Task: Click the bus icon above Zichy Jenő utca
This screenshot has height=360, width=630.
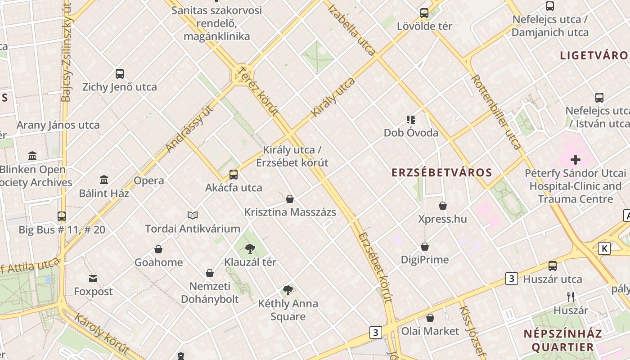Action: tap(119, 74)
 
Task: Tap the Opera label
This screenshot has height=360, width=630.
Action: tap(149, 181)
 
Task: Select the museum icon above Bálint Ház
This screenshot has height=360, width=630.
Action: tap(104, 180)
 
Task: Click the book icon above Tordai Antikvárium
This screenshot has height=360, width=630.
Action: tap(193, 215)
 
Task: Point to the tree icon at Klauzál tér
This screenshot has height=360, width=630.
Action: tap(250, 248)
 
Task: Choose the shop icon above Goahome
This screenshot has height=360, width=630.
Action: tap(158, 249)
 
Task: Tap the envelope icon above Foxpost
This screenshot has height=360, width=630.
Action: tap(93, 279)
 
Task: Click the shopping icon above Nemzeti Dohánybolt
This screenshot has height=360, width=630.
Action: tap(210, 273)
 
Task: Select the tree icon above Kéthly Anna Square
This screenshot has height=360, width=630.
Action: tap(288, 290)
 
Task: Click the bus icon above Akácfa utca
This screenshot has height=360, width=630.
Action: tap(233, 175)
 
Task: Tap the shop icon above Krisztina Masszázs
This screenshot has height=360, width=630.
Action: tap(290, 199)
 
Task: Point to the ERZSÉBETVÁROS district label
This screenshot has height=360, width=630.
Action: tap(441, 173)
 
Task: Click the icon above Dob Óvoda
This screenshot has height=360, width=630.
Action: tap(410, 120)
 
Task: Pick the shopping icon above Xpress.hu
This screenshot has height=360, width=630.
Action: tap(443, 206)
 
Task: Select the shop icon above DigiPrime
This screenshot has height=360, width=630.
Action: tap(425, 247)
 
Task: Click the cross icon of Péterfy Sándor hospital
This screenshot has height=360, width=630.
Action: tap(575, 160)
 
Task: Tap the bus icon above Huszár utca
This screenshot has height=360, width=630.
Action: tap(552, 266)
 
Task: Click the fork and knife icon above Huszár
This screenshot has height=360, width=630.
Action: tap(571, 297)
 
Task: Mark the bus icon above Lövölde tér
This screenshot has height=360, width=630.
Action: tap(424, 13)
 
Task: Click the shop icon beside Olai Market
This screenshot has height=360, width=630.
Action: tap(430, 318)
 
